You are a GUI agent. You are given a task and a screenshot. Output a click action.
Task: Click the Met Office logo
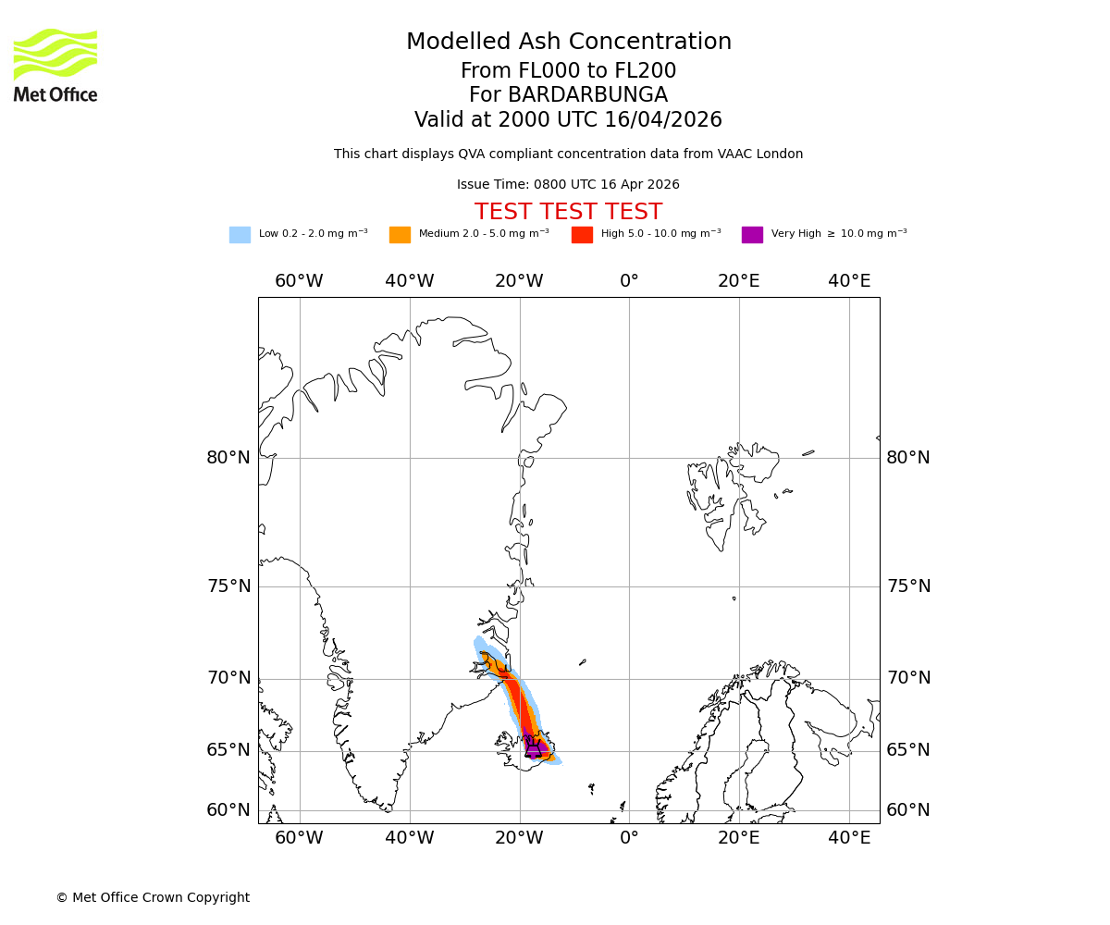tap(55, 65)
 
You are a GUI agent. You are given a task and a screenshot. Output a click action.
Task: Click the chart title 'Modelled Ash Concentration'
tap(568, 43)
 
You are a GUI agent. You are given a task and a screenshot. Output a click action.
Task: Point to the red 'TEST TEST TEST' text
tap(568, 212)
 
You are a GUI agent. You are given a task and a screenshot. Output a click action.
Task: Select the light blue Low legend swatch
tap(240, 235)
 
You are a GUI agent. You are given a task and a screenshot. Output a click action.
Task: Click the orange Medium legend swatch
tap(400, 235)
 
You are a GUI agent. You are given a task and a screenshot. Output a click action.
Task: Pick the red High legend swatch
tap(582, 235)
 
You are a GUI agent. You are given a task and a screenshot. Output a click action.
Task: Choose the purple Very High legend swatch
tap(752, 235)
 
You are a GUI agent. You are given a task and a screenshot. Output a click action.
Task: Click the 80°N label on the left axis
tap(228, 458)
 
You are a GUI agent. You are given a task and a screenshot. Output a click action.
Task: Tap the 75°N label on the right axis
tap(908, 586)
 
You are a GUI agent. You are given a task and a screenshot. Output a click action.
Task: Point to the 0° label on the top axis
tap(629, 281)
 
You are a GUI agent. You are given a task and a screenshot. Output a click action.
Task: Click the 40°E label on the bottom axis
tap(849, 838)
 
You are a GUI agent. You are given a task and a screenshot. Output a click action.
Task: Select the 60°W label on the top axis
tap(299, 281)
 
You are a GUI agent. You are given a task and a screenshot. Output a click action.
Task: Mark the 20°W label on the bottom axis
tap(519, 838)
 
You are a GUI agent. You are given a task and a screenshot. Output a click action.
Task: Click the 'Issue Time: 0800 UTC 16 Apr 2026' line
tap(568, 185)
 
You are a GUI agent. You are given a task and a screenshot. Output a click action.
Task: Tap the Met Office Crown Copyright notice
tap(153, 897)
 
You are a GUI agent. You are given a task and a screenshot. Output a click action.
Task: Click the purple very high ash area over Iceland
tap(534, 745)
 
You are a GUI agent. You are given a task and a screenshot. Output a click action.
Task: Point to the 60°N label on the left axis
tap(228, 810)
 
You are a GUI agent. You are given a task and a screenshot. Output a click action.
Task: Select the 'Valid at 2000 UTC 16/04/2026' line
tap(568, 120)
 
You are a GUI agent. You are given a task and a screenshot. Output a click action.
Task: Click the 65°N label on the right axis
tap(908, 750)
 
